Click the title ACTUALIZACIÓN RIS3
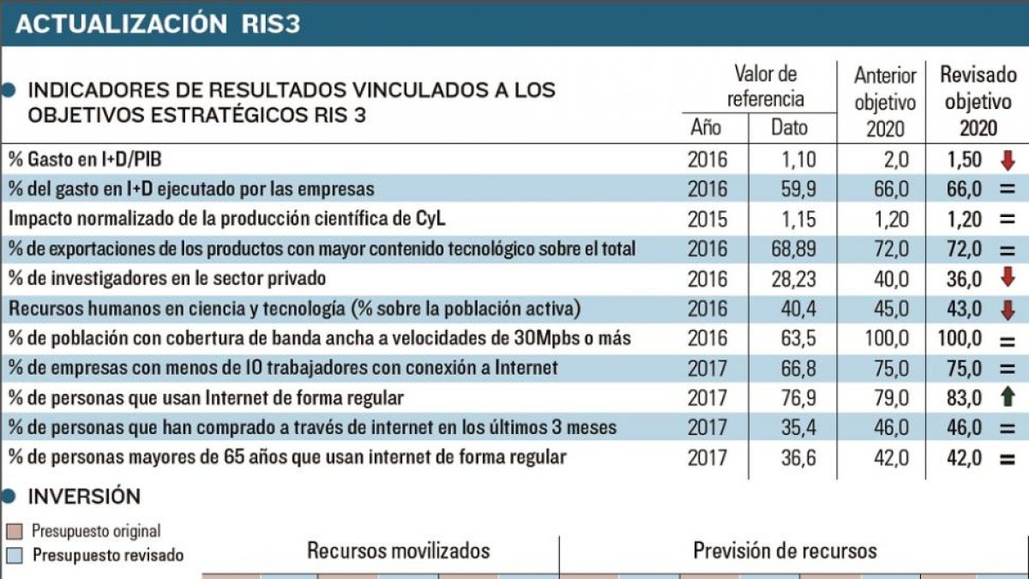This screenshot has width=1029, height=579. tap(158, 24)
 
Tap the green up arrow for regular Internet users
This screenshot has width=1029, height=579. tap(1008, 396)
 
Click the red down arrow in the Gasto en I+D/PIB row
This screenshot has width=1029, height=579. tap(1008, 160)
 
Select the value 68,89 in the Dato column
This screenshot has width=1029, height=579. tap(793, 249)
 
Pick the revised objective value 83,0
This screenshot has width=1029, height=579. tap(964, 398)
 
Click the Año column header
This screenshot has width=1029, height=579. tap(706, 128)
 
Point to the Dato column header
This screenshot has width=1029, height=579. tap(789, 128)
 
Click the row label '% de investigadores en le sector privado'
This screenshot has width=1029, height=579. tap(167, 279)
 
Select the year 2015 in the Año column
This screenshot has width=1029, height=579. tap(707, 220)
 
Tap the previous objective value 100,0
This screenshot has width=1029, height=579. tap(887, 339)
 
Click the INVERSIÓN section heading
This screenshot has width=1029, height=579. tap(84, 497)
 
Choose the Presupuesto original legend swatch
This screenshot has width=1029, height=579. tap(15, 532)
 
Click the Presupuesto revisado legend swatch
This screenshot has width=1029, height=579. tap(15, 556)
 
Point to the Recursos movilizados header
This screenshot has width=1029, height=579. tap(398, 551)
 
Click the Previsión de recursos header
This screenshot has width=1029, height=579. tap(785, 551)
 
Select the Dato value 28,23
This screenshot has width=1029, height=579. tap(793, 279)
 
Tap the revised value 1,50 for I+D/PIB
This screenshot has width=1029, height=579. tap(964, 160)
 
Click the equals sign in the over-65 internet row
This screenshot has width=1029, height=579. tap(1008, 459)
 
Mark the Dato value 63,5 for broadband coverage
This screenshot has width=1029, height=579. tap(798, 339)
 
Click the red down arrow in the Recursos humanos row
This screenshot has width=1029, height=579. tap(1008, 310)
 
